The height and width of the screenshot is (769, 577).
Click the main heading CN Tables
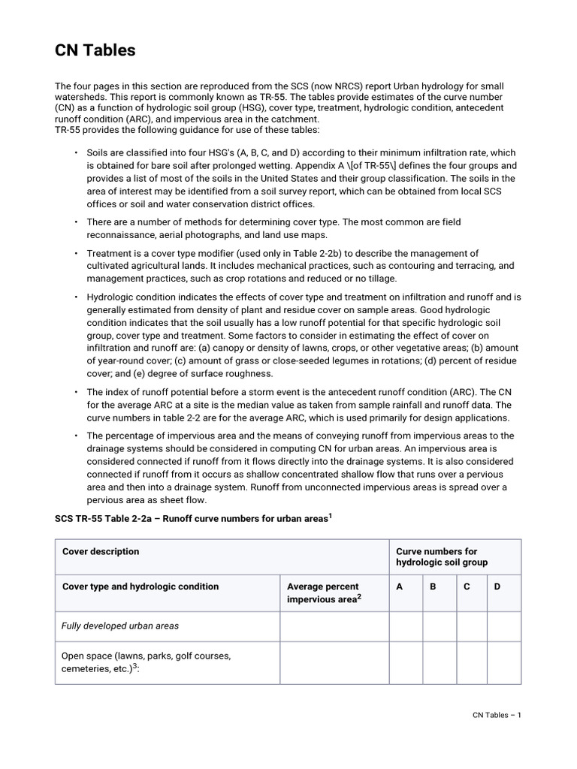tap(95, 50)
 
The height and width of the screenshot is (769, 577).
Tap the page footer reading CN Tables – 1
tap(491, 715)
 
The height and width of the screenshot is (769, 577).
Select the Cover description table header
tap(101, 551)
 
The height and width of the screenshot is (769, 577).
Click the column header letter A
tap(399, 587)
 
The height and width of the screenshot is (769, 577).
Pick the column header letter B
tap(433, 587)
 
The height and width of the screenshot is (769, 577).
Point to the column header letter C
tap(467, 587)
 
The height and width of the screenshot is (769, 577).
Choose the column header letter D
tap(497, 587)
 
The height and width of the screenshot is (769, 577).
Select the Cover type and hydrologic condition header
tap(140, 587)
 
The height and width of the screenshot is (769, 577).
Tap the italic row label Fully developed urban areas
tap(120, 626)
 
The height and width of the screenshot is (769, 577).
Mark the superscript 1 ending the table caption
tap(329, 516)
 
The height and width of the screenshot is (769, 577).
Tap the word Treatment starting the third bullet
tap(109, 253)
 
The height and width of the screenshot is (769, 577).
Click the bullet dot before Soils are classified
tap(76, 152)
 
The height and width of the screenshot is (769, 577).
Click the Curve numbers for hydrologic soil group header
tap(442, 556)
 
